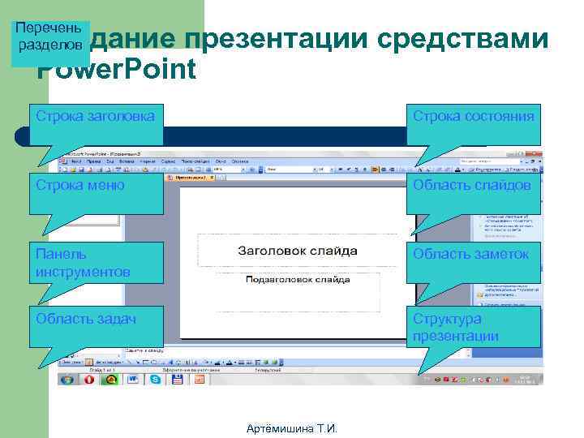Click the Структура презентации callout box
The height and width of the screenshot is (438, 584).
pos(473,327)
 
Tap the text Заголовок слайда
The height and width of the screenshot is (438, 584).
pos(297,251)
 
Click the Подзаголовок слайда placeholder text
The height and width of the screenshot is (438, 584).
pos(297,279)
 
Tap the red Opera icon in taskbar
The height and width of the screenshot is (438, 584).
pos(90,379)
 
